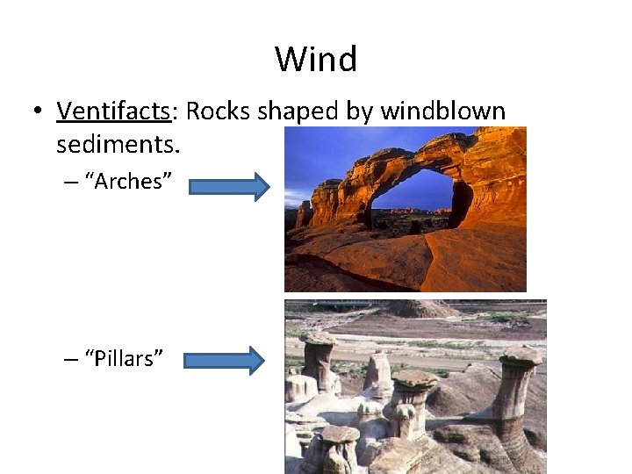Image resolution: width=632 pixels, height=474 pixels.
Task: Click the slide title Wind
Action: coord(316,60)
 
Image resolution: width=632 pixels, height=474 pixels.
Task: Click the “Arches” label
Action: coord(126,182)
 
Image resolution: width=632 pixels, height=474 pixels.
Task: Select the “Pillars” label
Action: coord(122,358)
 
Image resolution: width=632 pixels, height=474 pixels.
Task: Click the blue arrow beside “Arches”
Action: coord(229,187)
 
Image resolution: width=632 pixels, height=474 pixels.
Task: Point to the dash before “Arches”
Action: coord(70,183)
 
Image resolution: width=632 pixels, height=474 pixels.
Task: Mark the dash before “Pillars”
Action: coord(70,359)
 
